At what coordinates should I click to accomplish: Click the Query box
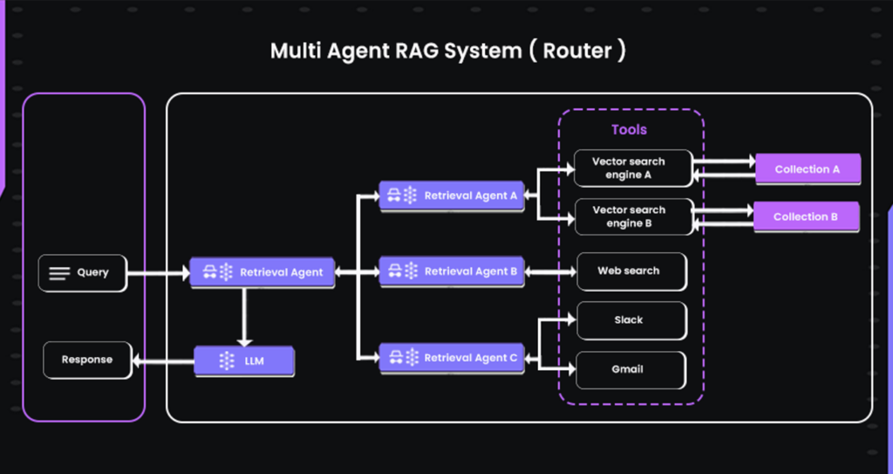coord(82,273)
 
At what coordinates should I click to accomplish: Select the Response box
coord(87,360)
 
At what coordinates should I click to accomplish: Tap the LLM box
coord(244,361)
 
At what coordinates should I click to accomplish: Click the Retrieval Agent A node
coord(451,196)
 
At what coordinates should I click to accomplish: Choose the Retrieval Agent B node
coord(451,271)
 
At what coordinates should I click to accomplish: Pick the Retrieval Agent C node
coord(451,358)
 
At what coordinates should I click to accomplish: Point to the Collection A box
coord(807,169)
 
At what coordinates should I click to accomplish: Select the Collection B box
coord(807,216)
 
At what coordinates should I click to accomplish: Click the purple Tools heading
coord(629,129)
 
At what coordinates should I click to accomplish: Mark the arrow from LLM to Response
coord(164,360)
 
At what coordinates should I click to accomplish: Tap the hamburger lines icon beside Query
coord(59,273)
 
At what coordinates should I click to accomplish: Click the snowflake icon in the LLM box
coord(227,361)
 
